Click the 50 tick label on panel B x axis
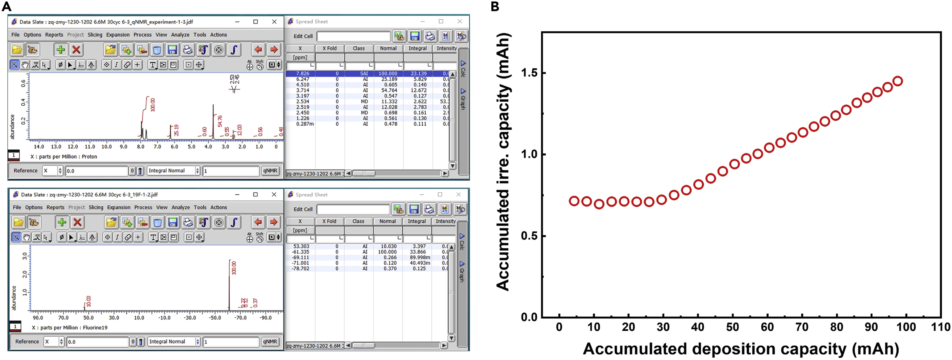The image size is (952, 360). click(x=733, y=327)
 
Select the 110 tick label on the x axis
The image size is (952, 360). click(x=940, y=327)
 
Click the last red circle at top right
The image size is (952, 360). click(x=898, y=81)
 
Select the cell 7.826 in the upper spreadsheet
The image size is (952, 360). click(x=303, y=73)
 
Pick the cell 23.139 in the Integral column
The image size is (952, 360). click(x=418, y=73)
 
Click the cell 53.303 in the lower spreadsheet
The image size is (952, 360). click(x=301, y=246)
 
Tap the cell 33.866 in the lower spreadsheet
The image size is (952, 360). click(x=418, y=252)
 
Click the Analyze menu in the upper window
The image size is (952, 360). click(x=180, y=35)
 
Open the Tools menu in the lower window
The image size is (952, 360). click(x=200, y=207)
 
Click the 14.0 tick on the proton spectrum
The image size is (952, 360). click(x=39, y=147)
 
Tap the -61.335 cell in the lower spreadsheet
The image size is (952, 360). click(x=300, y=252)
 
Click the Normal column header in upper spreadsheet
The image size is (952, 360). click(x=388, y=48)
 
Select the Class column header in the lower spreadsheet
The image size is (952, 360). click(x=358, y=221)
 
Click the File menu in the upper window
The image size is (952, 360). click(x=15, y=35)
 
